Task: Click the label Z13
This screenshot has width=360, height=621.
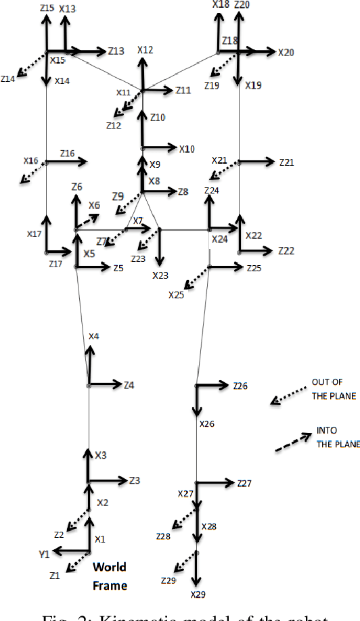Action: (x=116, y=51)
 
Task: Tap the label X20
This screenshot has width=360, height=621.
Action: (x=286, y=51)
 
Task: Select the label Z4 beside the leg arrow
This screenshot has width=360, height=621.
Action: (x=129, y=385)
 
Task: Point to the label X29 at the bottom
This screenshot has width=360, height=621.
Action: (x=198, y=595)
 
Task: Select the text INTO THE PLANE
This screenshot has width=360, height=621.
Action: (x=332, y=437)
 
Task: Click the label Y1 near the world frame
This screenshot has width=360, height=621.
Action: (x=44, y=554)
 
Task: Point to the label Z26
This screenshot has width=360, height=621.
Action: (x=240, y=386)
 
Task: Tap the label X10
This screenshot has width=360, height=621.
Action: (x=187, y=149)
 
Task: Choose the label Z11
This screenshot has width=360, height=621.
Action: (x=183, y=90)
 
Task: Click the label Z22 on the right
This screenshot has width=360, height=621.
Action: (x=286, y=250)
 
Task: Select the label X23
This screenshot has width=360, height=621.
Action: (x=160, y=275)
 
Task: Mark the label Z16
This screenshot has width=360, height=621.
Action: (x=67, y=154)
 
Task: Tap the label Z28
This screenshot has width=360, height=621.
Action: (x=163, y=535)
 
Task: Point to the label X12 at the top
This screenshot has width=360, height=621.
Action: (x=145, y=50)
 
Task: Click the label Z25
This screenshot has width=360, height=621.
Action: (x=254, y=269)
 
